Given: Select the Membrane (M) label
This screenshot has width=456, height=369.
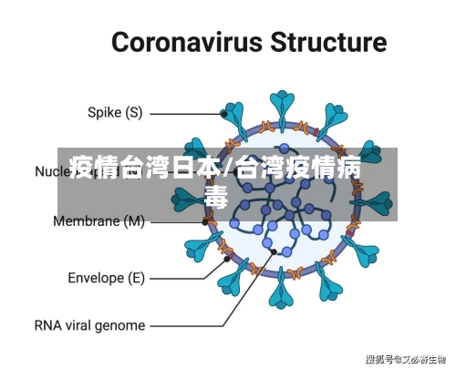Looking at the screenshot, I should pos(99,221).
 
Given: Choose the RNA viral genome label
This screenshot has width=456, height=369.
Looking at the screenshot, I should pos(89,325).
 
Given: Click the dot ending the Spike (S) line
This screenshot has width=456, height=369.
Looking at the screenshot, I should pos(224,114).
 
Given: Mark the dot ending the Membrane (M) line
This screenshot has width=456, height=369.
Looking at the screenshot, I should pos(206,221).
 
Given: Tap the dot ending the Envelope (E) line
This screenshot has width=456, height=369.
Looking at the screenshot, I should pos(227,259).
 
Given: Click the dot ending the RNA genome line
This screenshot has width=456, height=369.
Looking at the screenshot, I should pos(274,251).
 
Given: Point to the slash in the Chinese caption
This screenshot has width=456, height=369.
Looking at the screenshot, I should pos(228,168).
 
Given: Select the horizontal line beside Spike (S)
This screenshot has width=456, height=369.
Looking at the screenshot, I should pos(186,114).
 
